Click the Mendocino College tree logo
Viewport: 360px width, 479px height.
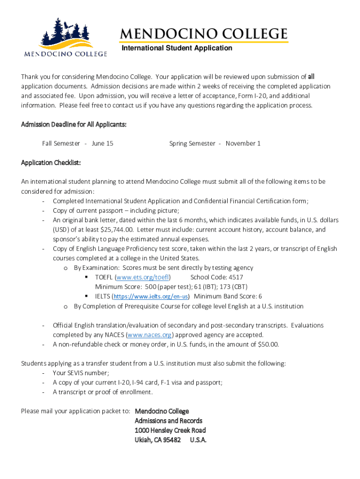(x=65, y=37)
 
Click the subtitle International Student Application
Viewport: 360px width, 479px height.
(x=177, y=48)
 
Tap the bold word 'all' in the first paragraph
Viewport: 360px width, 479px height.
(x=311, y=77)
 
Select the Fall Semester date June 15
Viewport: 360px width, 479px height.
(x=102, y=144)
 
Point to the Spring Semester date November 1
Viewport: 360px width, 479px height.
(x=243, y=144)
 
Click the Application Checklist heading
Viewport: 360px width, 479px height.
(x=51, y=163)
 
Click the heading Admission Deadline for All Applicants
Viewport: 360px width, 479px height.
(x=74, y=124)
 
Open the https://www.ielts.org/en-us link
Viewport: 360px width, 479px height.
(x=151, y=297)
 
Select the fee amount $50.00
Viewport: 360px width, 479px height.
(x=267, y=345)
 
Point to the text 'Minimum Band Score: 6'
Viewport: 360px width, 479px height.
(x=228, y=297)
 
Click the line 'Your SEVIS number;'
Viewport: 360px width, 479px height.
(x=81, y=373)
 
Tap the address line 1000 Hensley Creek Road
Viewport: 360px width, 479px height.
(x=170, y=430)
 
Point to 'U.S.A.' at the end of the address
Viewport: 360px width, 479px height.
(x=198, y=440)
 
